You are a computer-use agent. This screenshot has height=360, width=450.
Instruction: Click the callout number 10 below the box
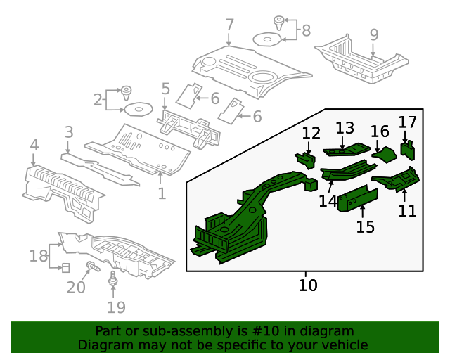[308, 285]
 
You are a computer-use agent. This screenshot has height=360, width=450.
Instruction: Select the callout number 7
[229, 25]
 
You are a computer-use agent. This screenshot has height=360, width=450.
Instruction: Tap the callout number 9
[373, 34]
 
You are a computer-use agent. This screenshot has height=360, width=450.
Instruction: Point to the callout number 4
[34, 146]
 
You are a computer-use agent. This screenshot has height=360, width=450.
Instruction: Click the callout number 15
[365, 226]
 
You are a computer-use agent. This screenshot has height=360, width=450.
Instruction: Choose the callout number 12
[311, 133]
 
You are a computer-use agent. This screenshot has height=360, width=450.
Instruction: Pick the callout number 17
[408, 122]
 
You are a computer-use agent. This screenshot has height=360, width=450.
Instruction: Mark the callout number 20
[76, 287]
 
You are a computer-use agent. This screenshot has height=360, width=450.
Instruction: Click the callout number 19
[116, 307]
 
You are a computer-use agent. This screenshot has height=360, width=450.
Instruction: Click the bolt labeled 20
[92, 266]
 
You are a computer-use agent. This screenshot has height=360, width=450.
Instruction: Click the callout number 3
[69, 131]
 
